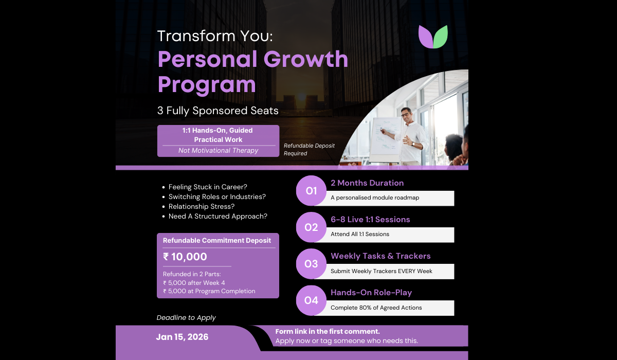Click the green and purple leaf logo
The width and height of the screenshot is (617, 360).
click(x=433, y=37)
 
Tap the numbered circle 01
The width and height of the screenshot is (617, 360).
click(x=311, y=191)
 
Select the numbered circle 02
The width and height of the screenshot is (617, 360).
click(x=311, y=227)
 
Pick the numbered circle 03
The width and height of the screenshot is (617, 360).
click(x=311, y=264)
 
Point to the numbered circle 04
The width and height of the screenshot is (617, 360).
click(x=311, y=300)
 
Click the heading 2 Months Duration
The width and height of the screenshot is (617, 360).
click(x=367, y=183)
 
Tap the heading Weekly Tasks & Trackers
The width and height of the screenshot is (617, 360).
click(x=380, y=256)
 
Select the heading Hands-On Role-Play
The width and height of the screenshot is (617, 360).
click(x=371, y=293)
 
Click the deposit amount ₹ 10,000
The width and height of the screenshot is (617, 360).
click(x=185, y=257)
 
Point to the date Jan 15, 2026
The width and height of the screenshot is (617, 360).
click(x=183, y=337)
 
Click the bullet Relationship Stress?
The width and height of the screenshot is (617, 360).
click(x=202, y=206)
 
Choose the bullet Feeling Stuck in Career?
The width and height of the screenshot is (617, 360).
click(x=208, y=187)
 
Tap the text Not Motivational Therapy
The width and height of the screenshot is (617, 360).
click(x=218, y=151)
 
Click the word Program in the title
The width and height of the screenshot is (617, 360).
click(x=207, y=84)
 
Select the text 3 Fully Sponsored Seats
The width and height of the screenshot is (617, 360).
click(x=218, y=111)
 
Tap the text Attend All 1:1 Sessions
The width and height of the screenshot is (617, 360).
click(x=360, y=235)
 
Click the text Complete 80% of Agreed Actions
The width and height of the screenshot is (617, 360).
click(x=376, y=308)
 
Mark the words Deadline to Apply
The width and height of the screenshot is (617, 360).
click(x=186, y=318)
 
